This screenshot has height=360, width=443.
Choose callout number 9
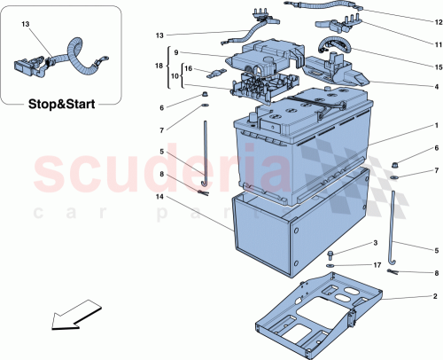pyautogui.click(x=176, y=52)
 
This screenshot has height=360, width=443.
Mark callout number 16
pyautogui.click(x=188, y=67)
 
